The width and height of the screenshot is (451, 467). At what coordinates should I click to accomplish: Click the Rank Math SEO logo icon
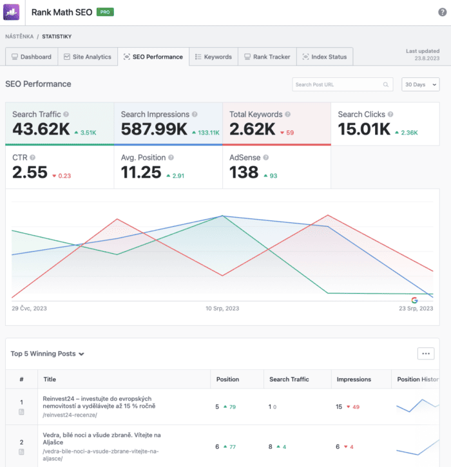tap(13, 12)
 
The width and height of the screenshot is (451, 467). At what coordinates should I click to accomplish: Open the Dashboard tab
tap(32, 57)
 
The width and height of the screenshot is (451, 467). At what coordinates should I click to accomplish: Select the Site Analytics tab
tap(87, 57)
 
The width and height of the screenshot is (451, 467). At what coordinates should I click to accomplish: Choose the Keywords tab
tap(213, 57)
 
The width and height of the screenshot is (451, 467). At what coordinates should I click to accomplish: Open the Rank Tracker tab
tap(267, 57)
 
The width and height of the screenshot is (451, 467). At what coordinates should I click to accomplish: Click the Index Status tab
tap(325, 57)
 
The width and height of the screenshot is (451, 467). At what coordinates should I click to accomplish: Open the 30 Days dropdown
tap(421, 84)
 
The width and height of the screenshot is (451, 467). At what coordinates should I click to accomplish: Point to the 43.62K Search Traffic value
tap(41, 130)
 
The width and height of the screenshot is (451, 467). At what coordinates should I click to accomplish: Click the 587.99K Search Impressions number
tap(154, 130)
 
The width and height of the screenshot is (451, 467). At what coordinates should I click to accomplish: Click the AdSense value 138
tap(244, 173)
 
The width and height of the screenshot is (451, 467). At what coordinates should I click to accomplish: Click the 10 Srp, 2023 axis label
tap(222, 309)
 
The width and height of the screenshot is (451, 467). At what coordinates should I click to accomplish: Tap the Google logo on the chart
tap(414, 300)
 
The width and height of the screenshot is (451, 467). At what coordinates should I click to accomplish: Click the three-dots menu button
tap(425, 353)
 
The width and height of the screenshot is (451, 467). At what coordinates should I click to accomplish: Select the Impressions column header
tap(354, 379)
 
